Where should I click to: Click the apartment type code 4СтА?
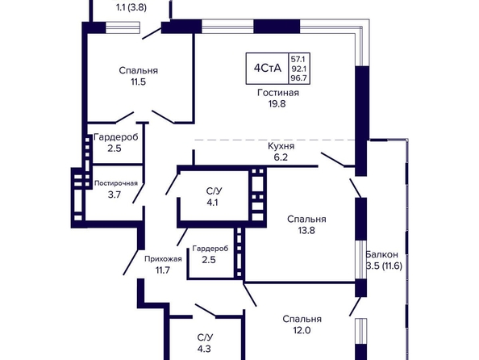click(267, 68)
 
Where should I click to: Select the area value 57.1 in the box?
click(298, 59)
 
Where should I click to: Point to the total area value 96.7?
click(298, 78)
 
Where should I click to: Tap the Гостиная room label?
click(278, 92)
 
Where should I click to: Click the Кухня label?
click(281, 146)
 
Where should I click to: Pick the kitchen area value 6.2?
click(281, 157)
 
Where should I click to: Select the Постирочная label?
click(116, 183)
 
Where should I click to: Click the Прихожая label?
click(163, 259)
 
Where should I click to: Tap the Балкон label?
click(382, 254)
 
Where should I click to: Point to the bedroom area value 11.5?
click(139, 82)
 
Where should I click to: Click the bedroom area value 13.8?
click(306, 230)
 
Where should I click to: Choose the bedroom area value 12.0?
click(302, 330)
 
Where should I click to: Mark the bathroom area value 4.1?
click(212, 203)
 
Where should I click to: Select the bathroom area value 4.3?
click(204, 349)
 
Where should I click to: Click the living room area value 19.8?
click(277, 103)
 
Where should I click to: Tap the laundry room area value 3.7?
click(115, 195)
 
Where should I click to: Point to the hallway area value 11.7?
click(163, 270)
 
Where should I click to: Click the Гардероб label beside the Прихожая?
click(210, 249)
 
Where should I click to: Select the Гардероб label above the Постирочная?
click(116, 137)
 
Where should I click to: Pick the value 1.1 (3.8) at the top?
click(131, 7)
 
